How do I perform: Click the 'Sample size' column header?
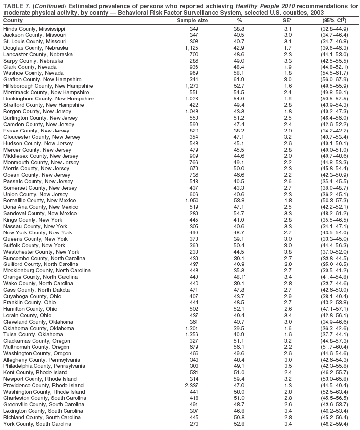coord(192,21)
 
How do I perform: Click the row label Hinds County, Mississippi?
coord(34,29)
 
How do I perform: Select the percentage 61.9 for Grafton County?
coord(239,80)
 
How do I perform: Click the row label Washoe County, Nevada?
coord(33,73)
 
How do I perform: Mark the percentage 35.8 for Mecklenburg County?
coord(239,271)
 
